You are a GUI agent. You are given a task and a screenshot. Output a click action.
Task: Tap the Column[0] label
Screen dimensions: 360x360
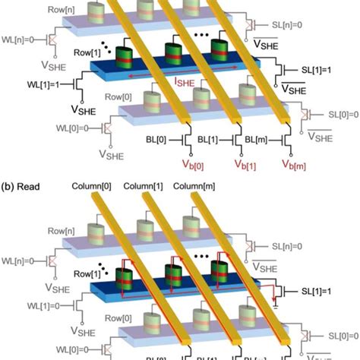click(92, 185)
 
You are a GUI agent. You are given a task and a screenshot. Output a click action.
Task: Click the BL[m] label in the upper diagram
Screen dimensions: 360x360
click(261, 141)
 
